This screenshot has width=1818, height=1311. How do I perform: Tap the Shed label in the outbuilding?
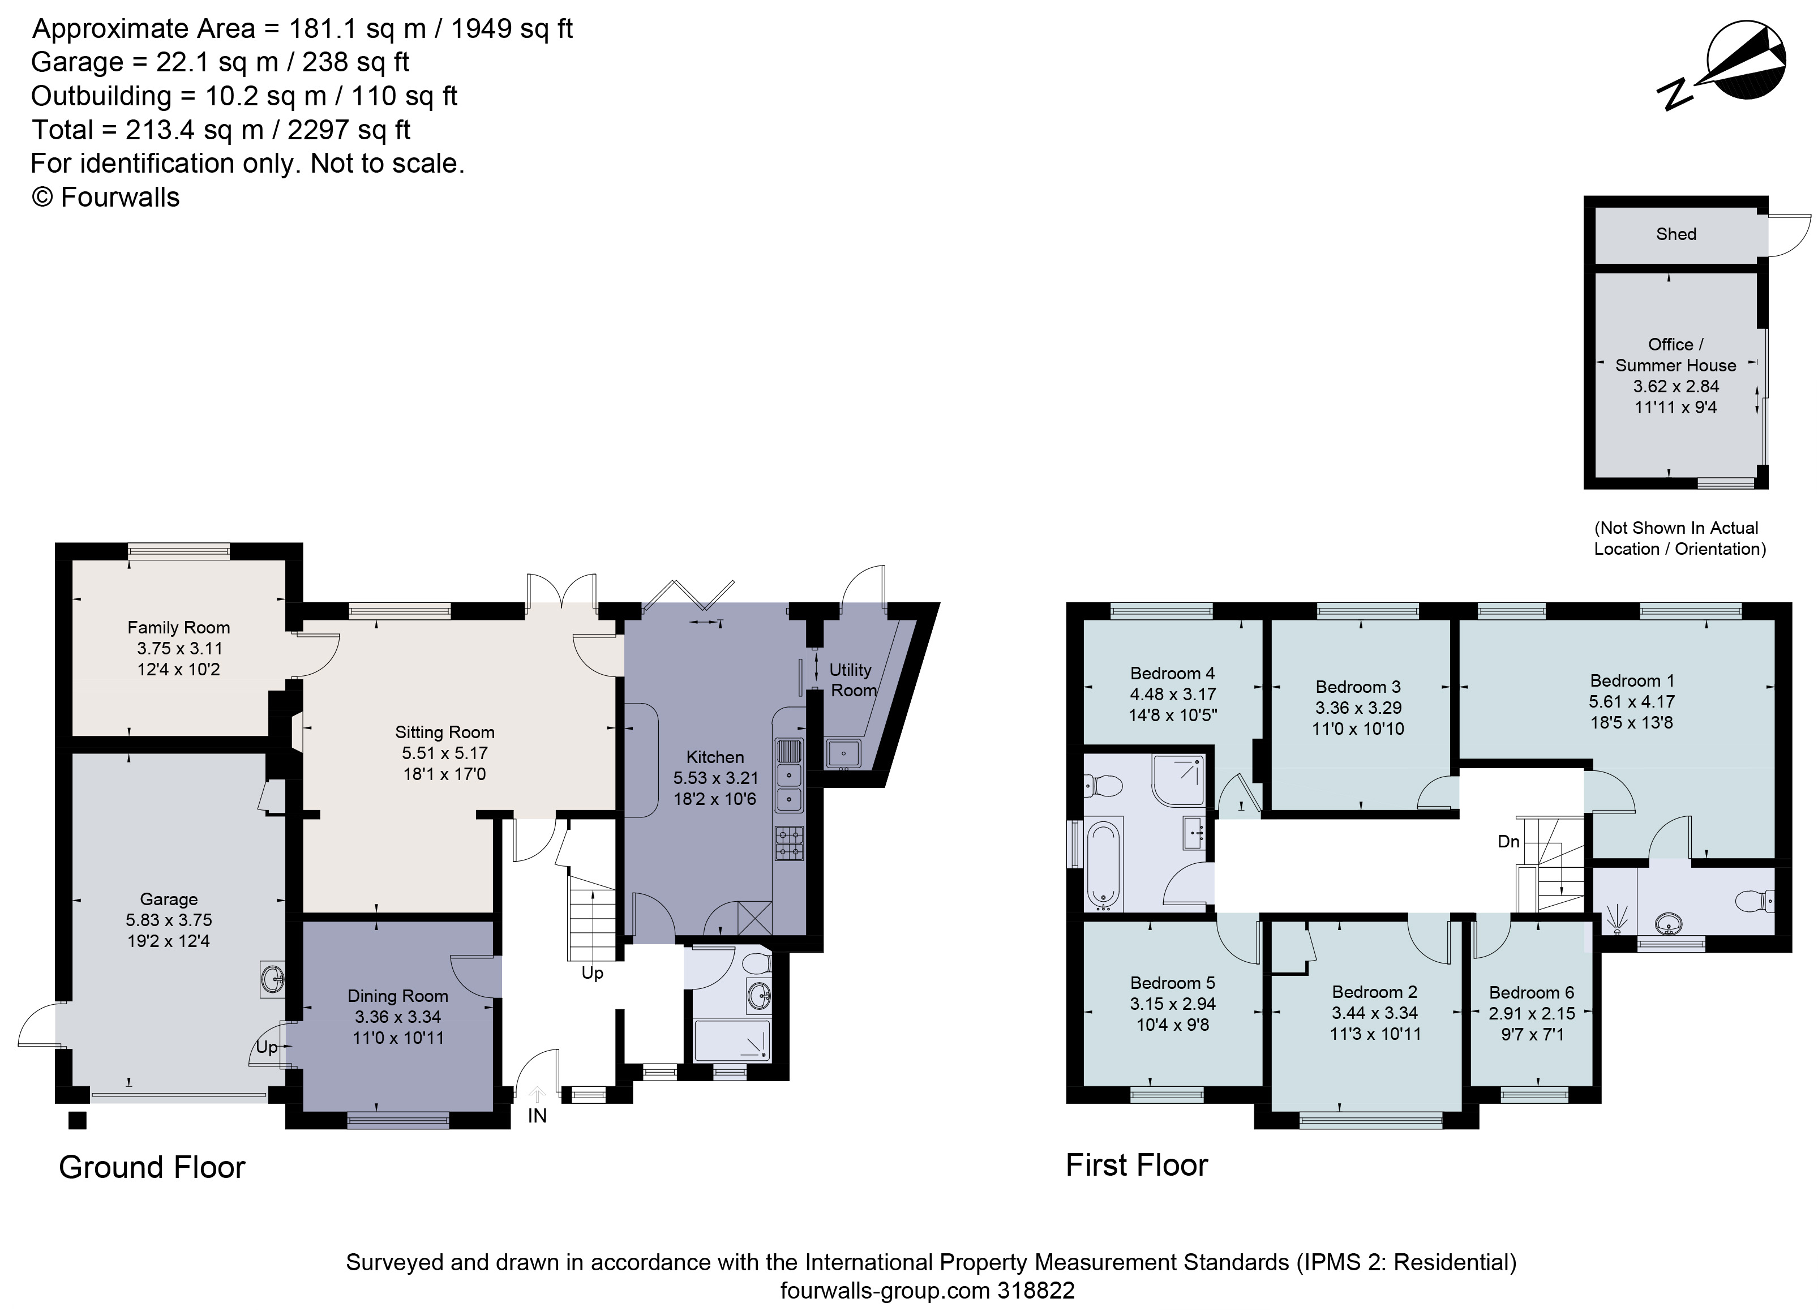1676,234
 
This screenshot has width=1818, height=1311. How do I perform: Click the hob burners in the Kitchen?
789,843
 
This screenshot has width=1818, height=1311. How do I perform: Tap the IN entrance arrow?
537,1095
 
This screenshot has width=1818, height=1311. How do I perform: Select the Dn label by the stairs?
1508,841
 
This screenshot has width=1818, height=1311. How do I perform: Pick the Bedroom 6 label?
1532,993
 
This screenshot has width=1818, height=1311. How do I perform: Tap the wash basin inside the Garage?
273,979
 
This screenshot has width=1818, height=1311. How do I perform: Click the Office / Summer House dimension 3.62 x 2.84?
1675,387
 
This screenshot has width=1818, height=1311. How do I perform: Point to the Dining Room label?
397,996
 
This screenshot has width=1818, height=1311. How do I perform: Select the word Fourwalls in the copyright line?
119,197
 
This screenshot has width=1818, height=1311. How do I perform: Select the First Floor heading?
1136,1165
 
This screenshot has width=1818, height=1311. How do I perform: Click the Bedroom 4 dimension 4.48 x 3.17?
1173,695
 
